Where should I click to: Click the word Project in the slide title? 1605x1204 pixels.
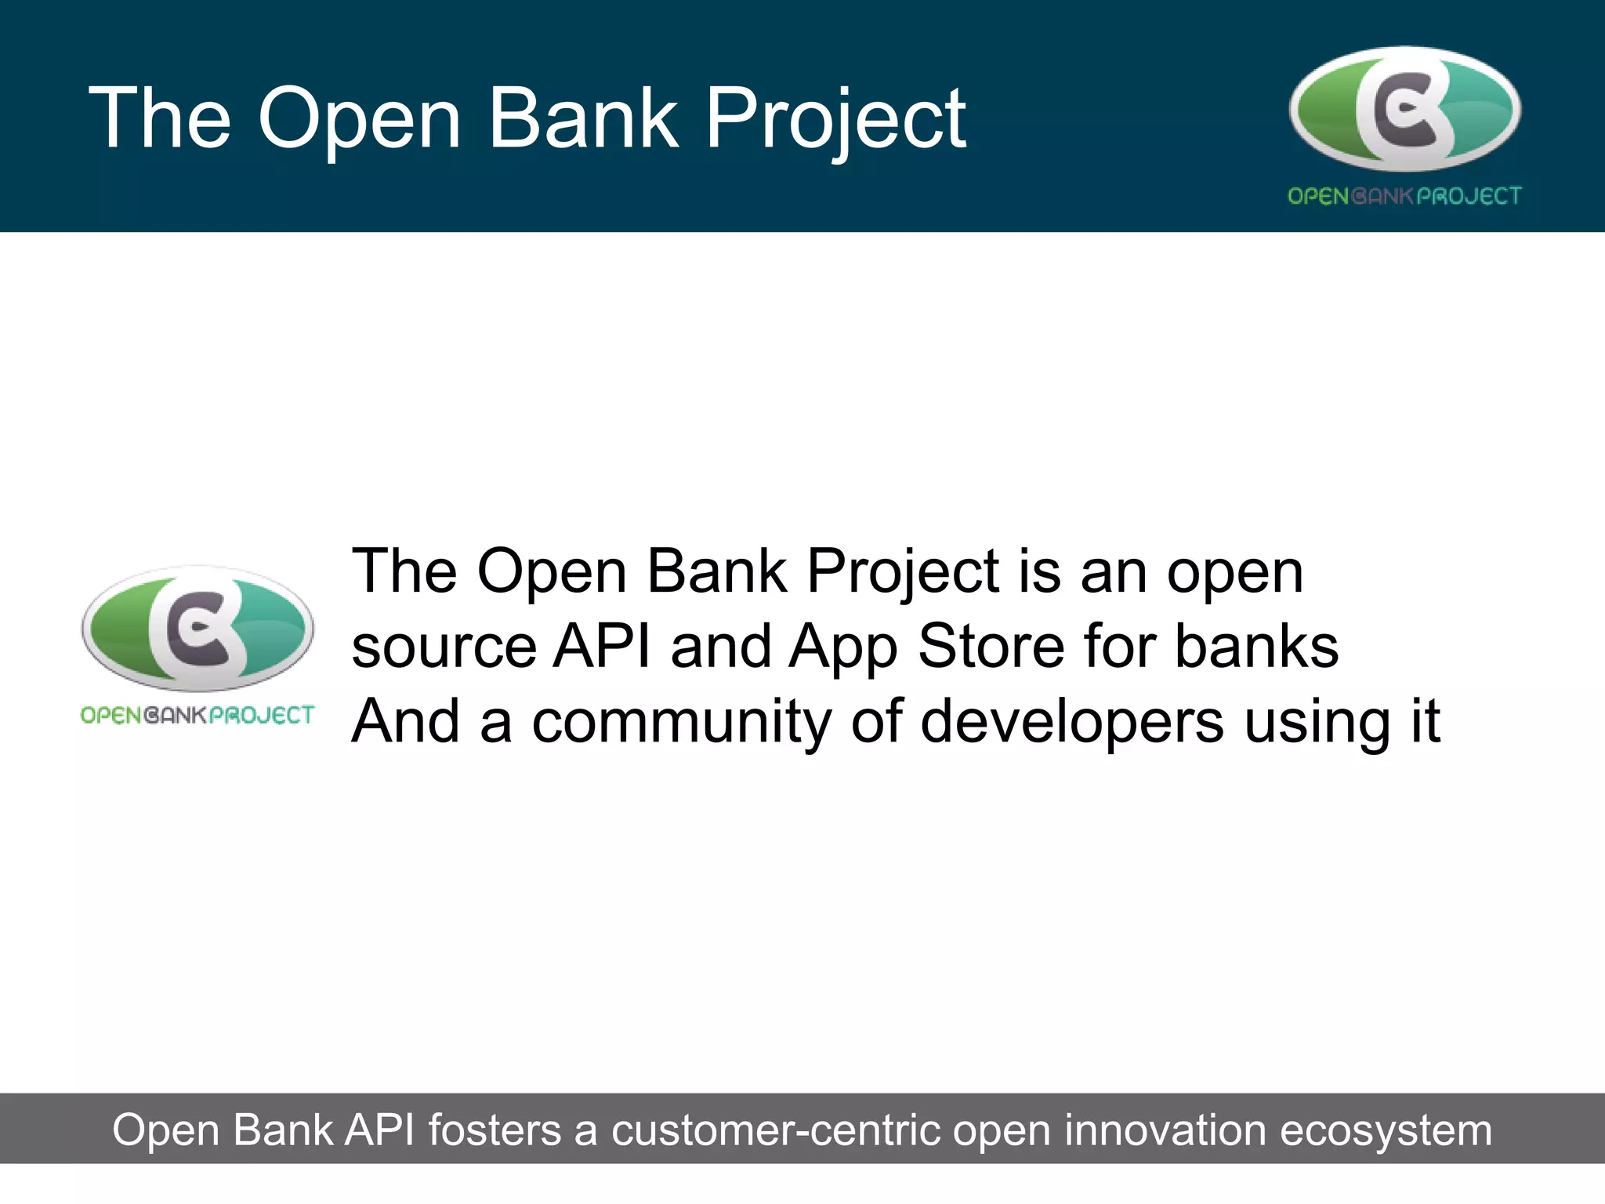point(835,119)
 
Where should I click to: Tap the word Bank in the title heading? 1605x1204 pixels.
point(583,119)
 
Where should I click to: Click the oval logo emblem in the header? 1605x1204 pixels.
point(1404,110)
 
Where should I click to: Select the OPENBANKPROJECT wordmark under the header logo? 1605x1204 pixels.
point(1404,196)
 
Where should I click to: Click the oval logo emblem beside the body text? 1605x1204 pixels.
point(197,629)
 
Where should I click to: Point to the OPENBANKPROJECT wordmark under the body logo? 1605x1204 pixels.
point(197,715)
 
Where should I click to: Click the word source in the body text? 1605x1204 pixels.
point(444,647)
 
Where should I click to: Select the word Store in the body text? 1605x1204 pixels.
point(991,647)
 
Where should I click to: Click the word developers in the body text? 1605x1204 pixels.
point(1071,722)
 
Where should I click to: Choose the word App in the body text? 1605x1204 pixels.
point(843,647)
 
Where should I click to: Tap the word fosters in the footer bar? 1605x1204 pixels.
point(495,1130)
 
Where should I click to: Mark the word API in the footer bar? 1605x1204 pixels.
point(381,1130)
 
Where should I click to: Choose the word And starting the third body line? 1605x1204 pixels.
point(405,722)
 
